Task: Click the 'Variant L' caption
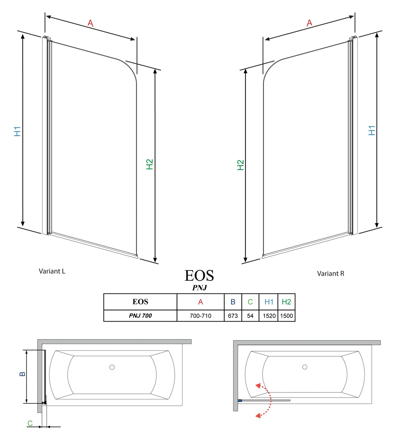(x=52, y=271)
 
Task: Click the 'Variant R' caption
(x=331, y=273)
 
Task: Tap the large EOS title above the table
(x=199, y=276)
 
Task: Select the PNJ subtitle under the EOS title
(x=200, y=288)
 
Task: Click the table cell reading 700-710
(x=200, y=316)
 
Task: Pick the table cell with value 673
(x=233, y=316)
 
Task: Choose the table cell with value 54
(x=250, y=316)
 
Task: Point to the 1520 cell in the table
(x=269, y=316)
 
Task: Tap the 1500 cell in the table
(x=286, y=316)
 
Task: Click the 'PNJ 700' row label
(x=140, y=316)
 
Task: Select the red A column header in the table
(x=200, y=302)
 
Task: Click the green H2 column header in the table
(x=286, y=302)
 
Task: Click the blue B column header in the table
(x=233, y=302)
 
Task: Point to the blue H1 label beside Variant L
(x=17, y=131)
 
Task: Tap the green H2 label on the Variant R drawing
(x=240, y=165)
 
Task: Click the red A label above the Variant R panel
(x=309, y=23)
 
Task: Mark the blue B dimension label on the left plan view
(x=22, y=374)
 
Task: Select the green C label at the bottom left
(x=30, y=423)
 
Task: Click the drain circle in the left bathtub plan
(x=112, y=367)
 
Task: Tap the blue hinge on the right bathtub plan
(x=240, y=400)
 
